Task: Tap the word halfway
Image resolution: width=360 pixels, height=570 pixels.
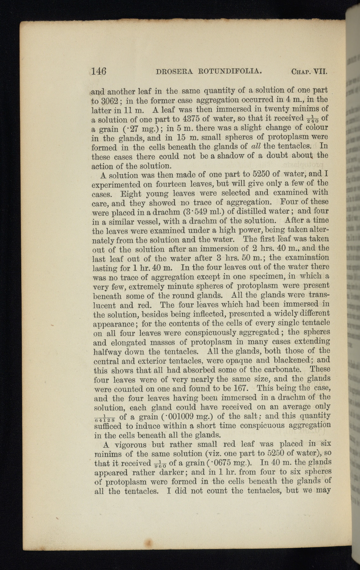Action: coord(108,352)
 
